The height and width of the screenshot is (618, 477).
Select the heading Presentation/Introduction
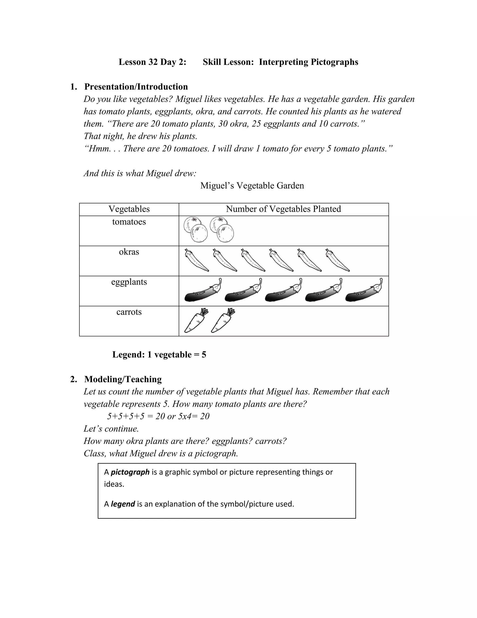tap(136, 87)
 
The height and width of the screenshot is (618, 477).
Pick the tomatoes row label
tap(129, 222)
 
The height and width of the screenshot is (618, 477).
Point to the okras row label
tap(129, 252)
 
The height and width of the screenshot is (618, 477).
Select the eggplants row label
tap(129, 282)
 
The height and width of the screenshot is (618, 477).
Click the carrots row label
tap(129, 312)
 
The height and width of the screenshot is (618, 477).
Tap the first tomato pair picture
tap(196, 229)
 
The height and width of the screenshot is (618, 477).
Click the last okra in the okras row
tap(338, 260)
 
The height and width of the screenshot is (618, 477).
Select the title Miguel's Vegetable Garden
tap(252, 186)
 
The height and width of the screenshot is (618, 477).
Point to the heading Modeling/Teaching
tap(123, 379)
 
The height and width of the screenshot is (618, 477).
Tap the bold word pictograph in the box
tap(130, 472)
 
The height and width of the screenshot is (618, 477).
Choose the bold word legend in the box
tap(123, 504)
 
